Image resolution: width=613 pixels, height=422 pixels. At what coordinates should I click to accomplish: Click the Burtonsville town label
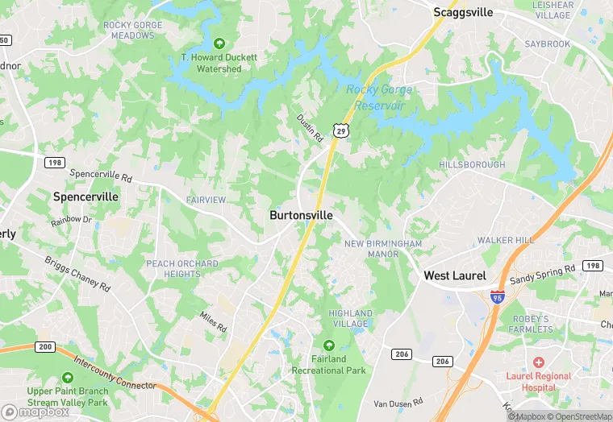coord(301,216)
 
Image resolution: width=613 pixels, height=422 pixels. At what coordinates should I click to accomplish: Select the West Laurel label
coord(455,275)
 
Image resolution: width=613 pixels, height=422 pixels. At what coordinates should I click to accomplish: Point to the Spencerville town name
coord(85,197)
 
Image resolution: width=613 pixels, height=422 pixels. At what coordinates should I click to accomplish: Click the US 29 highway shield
coord(342,130)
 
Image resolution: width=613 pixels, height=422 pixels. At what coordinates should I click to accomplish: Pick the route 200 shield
coord(44,346)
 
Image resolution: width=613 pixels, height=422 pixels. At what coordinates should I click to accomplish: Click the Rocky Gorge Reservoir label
coord(380,97)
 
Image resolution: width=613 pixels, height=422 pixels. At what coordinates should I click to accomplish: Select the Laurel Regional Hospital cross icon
coord(538,362)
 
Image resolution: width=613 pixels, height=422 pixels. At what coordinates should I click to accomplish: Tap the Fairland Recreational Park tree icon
coord(328,345)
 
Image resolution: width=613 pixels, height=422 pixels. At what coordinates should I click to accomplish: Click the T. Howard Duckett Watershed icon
coord(218,43)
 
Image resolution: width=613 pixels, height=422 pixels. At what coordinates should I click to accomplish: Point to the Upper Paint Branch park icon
coord(68,378)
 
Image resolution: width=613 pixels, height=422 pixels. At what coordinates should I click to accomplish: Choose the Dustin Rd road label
coord(309,127)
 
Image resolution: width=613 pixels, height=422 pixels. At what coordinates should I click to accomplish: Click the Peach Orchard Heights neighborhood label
coord(181,269)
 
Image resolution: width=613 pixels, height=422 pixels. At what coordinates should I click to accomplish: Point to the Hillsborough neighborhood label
coord(472,164)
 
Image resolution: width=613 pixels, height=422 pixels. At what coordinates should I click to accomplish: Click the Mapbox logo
coord(35,411)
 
